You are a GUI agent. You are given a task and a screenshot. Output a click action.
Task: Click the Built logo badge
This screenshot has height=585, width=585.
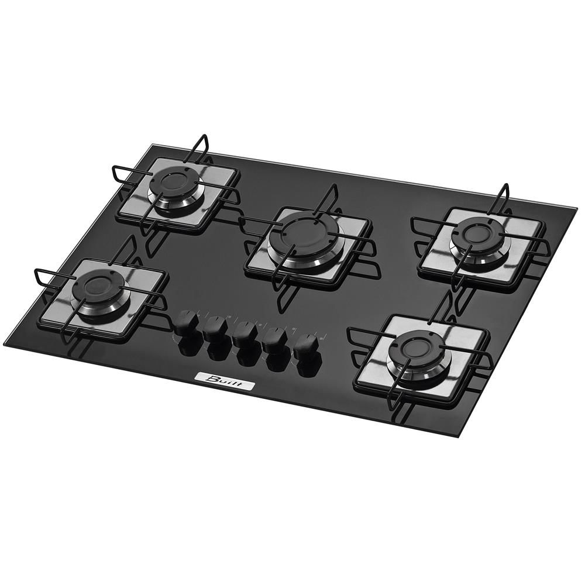(225, 382)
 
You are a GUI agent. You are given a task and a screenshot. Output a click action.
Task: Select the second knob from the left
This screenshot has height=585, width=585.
(216, 325)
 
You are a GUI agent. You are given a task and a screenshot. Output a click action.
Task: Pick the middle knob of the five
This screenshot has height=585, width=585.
(244, 333)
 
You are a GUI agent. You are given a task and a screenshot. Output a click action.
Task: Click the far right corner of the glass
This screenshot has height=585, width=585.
(576, 205)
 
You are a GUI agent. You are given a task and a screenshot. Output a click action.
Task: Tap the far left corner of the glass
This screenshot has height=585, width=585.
(5, 344)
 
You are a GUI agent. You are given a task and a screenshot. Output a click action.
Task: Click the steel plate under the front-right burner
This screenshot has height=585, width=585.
(462, 339)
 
